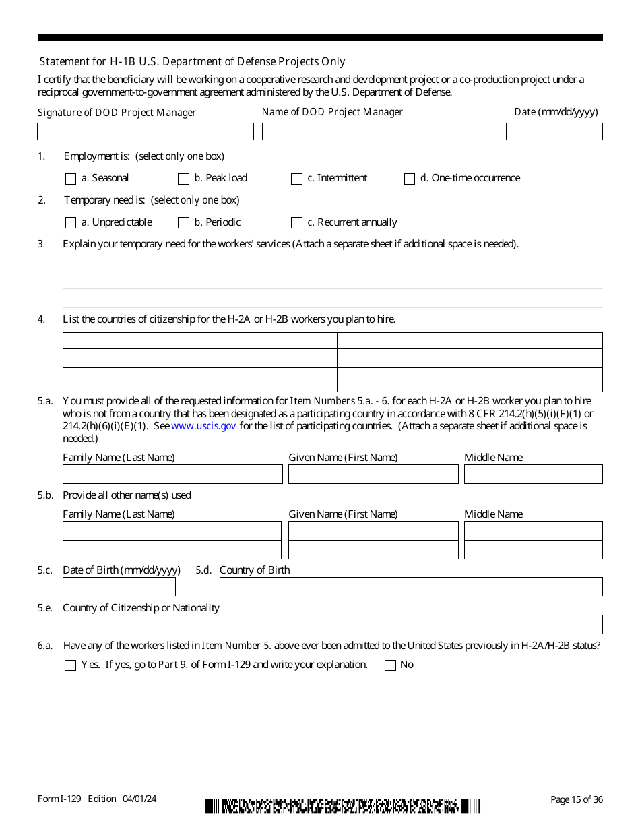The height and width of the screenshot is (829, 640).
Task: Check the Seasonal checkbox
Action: click(x=71, y=179)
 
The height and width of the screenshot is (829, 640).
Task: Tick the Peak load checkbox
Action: click(x=183, y=179)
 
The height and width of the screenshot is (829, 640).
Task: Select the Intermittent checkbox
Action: click(x=296, y=179)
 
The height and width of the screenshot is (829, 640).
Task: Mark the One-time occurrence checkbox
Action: click(x=410, y=179)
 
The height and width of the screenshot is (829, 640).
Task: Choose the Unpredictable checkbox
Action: click(x=71, y=223)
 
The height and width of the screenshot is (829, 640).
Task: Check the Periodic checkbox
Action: click(x=183, y=223)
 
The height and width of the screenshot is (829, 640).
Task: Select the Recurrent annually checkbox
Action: click(x=296, y=223)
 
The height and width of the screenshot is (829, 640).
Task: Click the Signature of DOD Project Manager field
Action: click(x=146, y=131)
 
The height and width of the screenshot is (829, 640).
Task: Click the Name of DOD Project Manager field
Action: click(x=383, y=131)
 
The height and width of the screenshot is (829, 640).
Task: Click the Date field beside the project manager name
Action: click(x=558, y=131)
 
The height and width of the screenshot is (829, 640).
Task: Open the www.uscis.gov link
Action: click(x=203, y=427)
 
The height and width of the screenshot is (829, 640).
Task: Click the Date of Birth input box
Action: click(x=119, y=587)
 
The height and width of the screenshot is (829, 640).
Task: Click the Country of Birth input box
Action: click(x=410, y=587)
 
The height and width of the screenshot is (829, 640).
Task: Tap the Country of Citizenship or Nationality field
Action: click(x=332, y=625)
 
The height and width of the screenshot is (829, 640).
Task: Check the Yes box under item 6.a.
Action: click(x=71, y=665)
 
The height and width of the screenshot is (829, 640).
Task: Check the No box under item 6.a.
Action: click(x=390, y=665)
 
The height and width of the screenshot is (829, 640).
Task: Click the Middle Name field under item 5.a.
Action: click(x=533, y=474)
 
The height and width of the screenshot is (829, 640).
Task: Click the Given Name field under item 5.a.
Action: click(x=373, y=474)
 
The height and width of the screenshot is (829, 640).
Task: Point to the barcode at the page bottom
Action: click(x=342, y=806)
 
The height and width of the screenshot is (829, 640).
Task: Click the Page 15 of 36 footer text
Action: click(x=576, y=800)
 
